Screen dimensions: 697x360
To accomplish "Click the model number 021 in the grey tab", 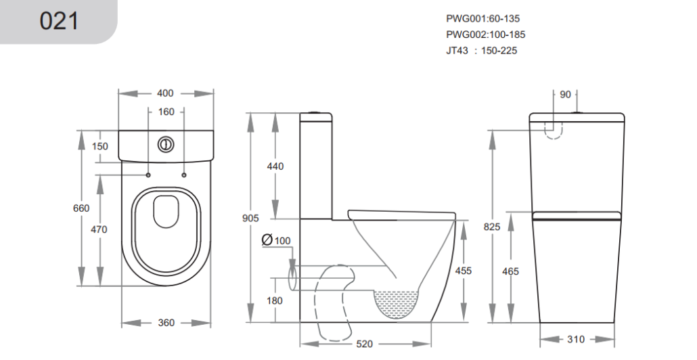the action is (x=59, y=21).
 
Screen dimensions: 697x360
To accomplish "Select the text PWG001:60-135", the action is (x=482, y=19).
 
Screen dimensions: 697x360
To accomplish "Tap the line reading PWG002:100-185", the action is (x=485, y=35).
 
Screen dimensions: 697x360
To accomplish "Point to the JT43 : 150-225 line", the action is (x=481, y=51).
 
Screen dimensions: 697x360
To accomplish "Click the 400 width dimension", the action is (x=165, y=93).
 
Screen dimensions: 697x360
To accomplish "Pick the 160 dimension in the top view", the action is (x=166, y=112).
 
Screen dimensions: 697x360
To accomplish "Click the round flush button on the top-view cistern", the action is (x=166, y=144).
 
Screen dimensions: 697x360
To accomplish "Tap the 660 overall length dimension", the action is (x=81, y=208).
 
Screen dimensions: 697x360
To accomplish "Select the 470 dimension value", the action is (x=99, y=229).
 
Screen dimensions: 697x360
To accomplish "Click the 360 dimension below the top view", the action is (x=166, y=323).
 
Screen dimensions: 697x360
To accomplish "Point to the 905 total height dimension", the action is (x=250, y=218).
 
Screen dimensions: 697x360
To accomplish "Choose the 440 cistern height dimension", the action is (x=275, y=166).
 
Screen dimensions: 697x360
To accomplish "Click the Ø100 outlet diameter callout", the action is (x=276, y=240).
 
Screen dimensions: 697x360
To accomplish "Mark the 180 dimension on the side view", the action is (x=275, y=301).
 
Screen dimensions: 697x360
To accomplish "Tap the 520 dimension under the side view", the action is (x=365, y=344).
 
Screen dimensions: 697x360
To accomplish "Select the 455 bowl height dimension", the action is (x=463, y=271).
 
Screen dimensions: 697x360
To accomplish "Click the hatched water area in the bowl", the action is (x=397, y=304).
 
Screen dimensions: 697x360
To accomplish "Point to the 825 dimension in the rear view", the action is (x=492, y=227).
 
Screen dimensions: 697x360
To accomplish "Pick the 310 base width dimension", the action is (x=576, y=340).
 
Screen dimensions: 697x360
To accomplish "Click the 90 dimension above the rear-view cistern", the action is (x=565, y=95).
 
